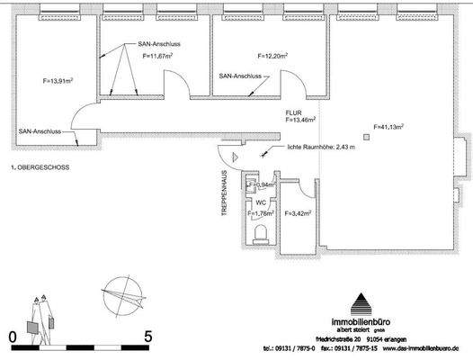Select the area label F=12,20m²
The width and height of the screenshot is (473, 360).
[x=272, y=56]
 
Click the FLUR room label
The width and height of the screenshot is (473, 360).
[x=295, y=111]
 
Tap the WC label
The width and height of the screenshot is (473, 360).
[x=260, y=202]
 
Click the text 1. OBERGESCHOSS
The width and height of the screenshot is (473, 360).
[x=40, y=167]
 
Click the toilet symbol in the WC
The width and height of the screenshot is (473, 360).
[x=260, y=236]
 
